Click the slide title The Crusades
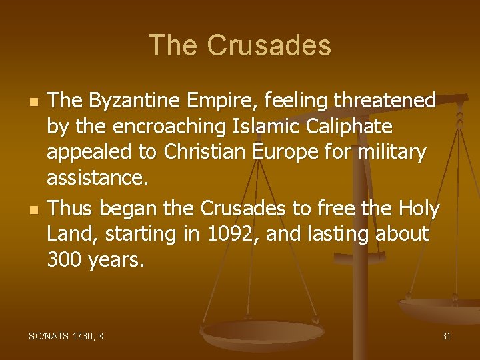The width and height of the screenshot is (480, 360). (x=240, y=45)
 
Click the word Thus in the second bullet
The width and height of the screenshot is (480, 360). (x=69, y=209)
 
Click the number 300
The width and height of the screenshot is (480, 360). (x=65, y=260)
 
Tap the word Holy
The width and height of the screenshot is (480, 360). (x=417, y=209)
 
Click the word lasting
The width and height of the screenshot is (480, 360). (x=331, y=235)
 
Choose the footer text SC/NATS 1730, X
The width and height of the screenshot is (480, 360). (x=67, y=337)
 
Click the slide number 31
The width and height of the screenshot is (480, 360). (x=446, y=337)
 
